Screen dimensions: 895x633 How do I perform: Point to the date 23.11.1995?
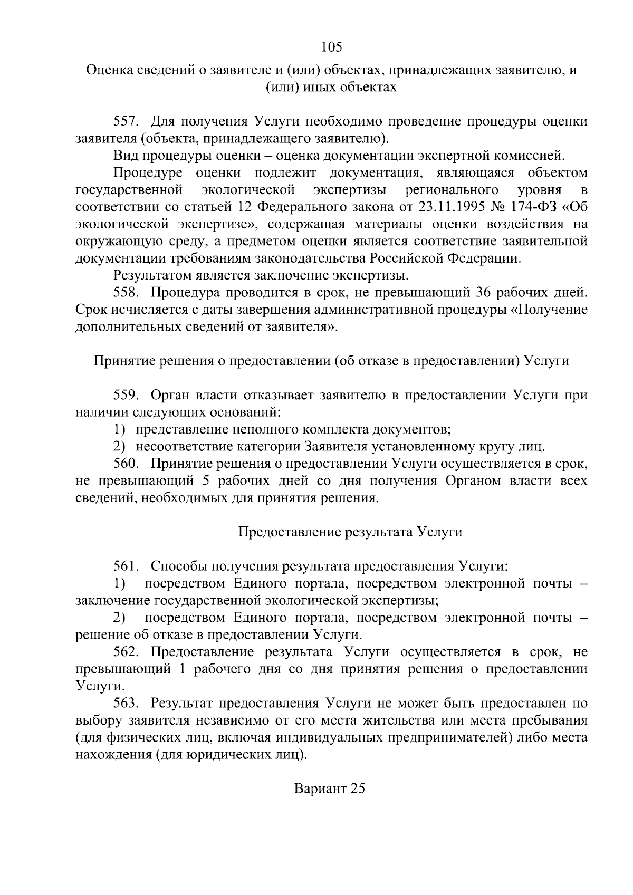(x=452, y=207)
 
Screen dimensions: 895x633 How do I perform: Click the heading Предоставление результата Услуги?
(x=350, y=532)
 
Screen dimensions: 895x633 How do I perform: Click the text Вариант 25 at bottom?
(x=330, y=789)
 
